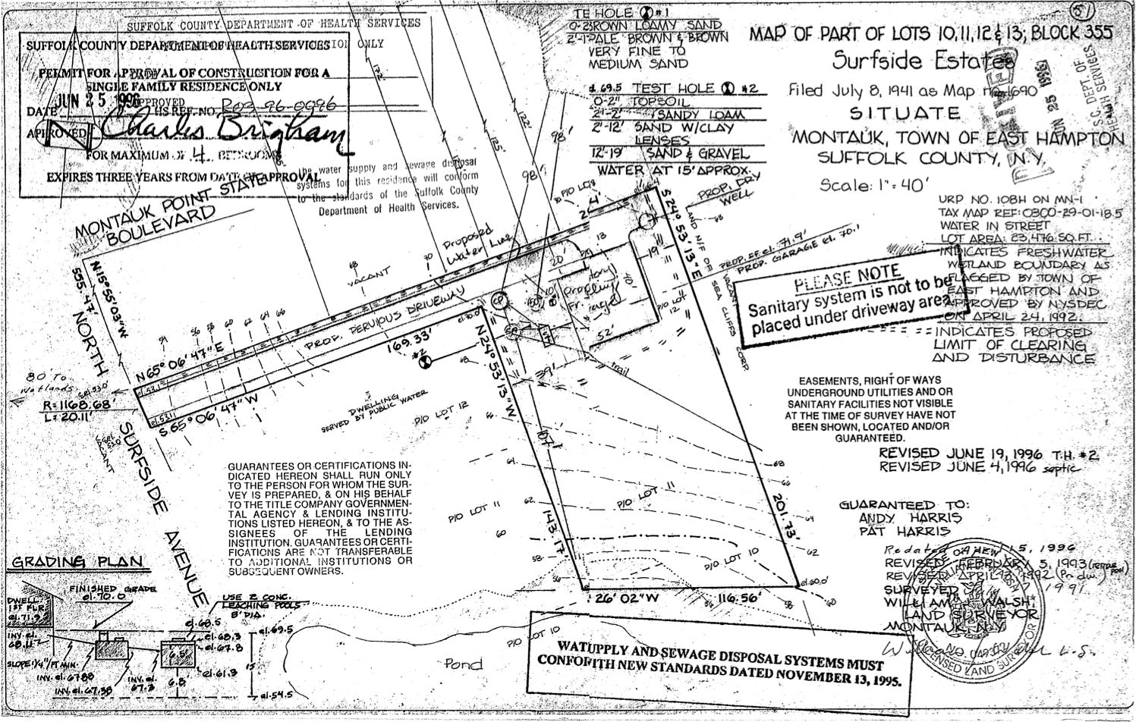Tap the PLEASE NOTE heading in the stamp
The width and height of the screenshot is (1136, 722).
point(848,281)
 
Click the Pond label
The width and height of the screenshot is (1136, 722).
point(464,664)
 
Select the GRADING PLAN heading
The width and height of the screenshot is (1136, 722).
point(76,563)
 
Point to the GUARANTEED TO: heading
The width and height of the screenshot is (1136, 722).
point(898,505)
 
